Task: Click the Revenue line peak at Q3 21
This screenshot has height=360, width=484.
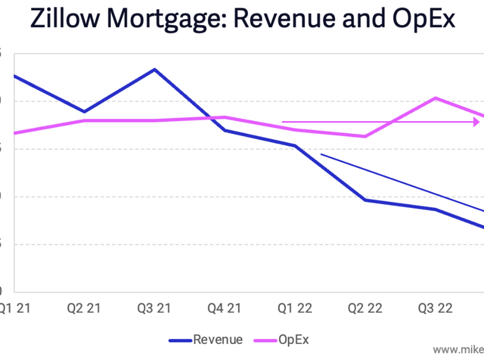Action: point(154,70)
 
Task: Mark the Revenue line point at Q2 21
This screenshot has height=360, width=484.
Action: point(84,112)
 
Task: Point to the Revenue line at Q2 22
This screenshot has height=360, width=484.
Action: point(365,200)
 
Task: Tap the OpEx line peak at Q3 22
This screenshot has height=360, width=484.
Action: point(435,98)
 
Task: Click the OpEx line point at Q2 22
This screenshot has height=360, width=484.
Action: point(365,136)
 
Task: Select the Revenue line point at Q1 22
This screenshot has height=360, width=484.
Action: point(295,146)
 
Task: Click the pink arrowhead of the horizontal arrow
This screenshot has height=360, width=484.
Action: point(476,122)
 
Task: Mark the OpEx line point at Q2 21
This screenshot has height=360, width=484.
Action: point(84,121)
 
